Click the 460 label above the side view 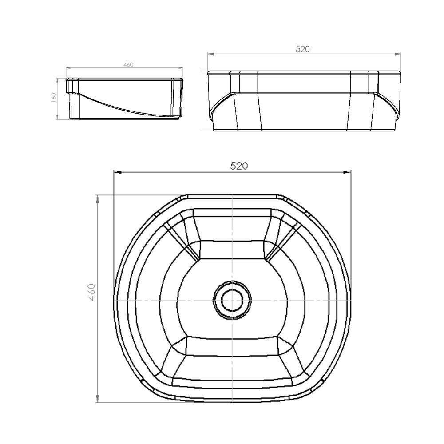(x=128, y=65)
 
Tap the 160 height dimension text (x=54, y=98)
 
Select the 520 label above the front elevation (x=302, y=49)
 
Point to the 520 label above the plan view (x=238, y=166)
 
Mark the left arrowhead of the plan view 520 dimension (x=117, y=172)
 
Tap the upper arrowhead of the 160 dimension (x=57, y=80)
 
